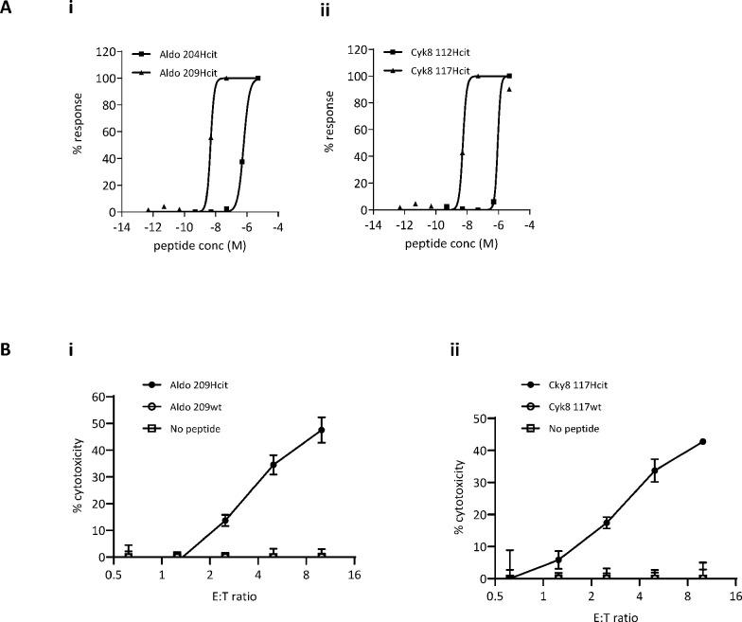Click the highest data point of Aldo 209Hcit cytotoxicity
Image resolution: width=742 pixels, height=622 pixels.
coord(322,430)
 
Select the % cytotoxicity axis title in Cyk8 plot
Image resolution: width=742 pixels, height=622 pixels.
coord(460,498)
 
